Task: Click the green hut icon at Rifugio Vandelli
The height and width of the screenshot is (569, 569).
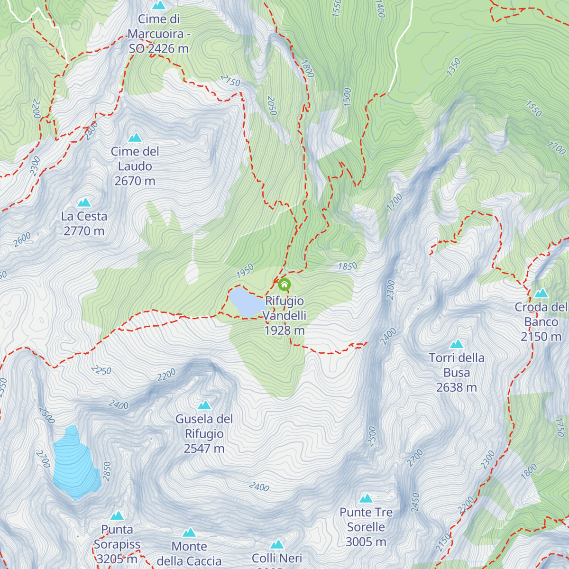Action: point(284,284)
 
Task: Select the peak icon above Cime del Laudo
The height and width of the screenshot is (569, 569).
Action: point(135,138)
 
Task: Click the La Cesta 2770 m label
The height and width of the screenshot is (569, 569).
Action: point(84,223)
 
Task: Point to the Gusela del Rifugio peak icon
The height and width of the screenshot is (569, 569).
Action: point(204,405)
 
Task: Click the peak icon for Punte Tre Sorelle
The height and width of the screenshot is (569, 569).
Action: point(366,498)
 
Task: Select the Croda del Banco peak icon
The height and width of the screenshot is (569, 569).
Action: point(541,293)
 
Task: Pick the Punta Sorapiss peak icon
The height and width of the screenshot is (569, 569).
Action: point(117,515)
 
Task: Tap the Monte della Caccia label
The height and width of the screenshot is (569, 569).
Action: point(189,554)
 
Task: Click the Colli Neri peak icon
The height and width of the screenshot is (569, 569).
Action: point(277,544)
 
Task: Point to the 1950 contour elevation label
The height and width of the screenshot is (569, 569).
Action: point(245,271)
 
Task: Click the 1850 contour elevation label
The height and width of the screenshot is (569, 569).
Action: point(348,266)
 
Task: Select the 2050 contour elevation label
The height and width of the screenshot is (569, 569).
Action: point(272,106)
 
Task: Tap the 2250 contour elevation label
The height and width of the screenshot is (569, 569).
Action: point(101,370)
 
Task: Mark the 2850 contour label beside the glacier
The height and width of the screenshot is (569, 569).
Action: point(107,471)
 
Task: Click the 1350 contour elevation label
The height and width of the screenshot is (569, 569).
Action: point(453,67)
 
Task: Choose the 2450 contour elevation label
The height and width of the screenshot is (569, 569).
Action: point(415,503)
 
